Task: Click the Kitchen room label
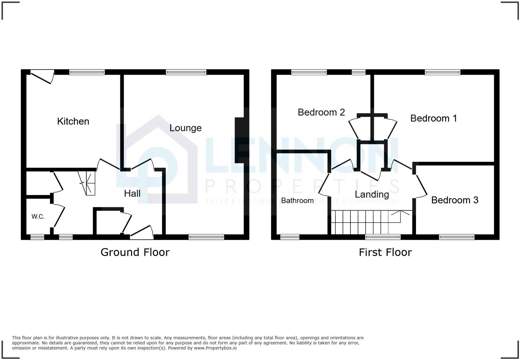73,121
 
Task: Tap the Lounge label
185,128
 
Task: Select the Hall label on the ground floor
132,194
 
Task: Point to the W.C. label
38,217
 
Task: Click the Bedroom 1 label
433,118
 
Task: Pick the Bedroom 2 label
321,112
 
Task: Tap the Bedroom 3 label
455,200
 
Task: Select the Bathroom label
297,201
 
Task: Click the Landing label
372,194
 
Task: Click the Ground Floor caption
135,252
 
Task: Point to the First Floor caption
385,252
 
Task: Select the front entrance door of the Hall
142,232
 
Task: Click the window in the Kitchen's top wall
87,72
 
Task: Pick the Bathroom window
290,237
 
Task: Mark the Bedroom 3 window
456,237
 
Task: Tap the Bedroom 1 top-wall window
442,72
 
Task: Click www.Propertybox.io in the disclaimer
215,348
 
